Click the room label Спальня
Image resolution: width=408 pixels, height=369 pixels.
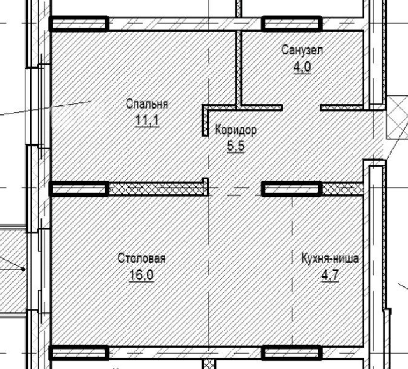click(x=147, y=104)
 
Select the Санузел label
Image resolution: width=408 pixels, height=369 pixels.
click(x=302, y=50)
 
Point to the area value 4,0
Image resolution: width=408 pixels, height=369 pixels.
click(x=302, y=67)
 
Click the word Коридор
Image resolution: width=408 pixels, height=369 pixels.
click(x=236, y=130)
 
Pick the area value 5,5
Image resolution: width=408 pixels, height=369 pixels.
click(x=236, y=146)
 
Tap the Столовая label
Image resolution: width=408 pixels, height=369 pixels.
click(x=142, y=258)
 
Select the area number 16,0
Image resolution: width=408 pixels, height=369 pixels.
click(x=142, y=275)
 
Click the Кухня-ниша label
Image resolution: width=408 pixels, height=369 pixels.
click(x=330, y=258)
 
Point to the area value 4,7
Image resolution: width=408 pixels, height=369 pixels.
click(x=330, y=275)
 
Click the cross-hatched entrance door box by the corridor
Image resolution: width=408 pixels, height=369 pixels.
click(x=397, y=117)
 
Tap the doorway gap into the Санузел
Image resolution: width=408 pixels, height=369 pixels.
click(x=301, y=108)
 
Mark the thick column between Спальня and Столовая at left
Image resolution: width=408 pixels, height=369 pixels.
click(x=79, y=189)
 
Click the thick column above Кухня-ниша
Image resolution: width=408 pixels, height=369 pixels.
click(x=292, y=189)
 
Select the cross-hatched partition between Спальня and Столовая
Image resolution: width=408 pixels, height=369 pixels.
click(x=156, y=189)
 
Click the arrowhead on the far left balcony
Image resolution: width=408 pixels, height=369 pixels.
click(x=23, y=269)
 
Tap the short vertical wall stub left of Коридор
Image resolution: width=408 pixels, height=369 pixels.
click(x=205, y=121)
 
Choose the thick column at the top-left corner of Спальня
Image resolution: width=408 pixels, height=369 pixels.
click(x=79, y=24)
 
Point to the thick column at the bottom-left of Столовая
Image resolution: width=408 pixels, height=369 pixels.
click(x=79, y=353)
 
